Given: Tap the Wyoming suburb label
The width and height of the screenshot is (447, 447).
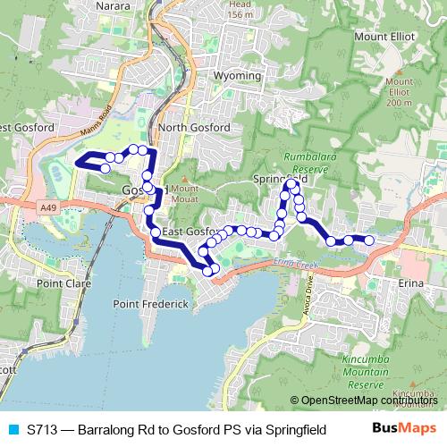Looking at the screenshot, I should [x=237, y=76].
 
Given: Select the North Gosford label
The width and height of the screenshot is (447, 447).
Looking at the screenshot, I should [x=193, y=128].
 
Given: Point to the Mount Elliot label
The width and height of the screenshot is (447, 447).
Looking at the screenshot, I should [x=384, y=37].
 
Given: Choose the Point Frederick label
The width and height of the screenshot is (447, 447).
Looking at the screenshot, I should [x=151, y=304].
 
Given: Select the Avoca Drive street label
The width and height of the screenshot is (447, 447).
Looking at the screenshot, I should [x=310, y=291].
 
